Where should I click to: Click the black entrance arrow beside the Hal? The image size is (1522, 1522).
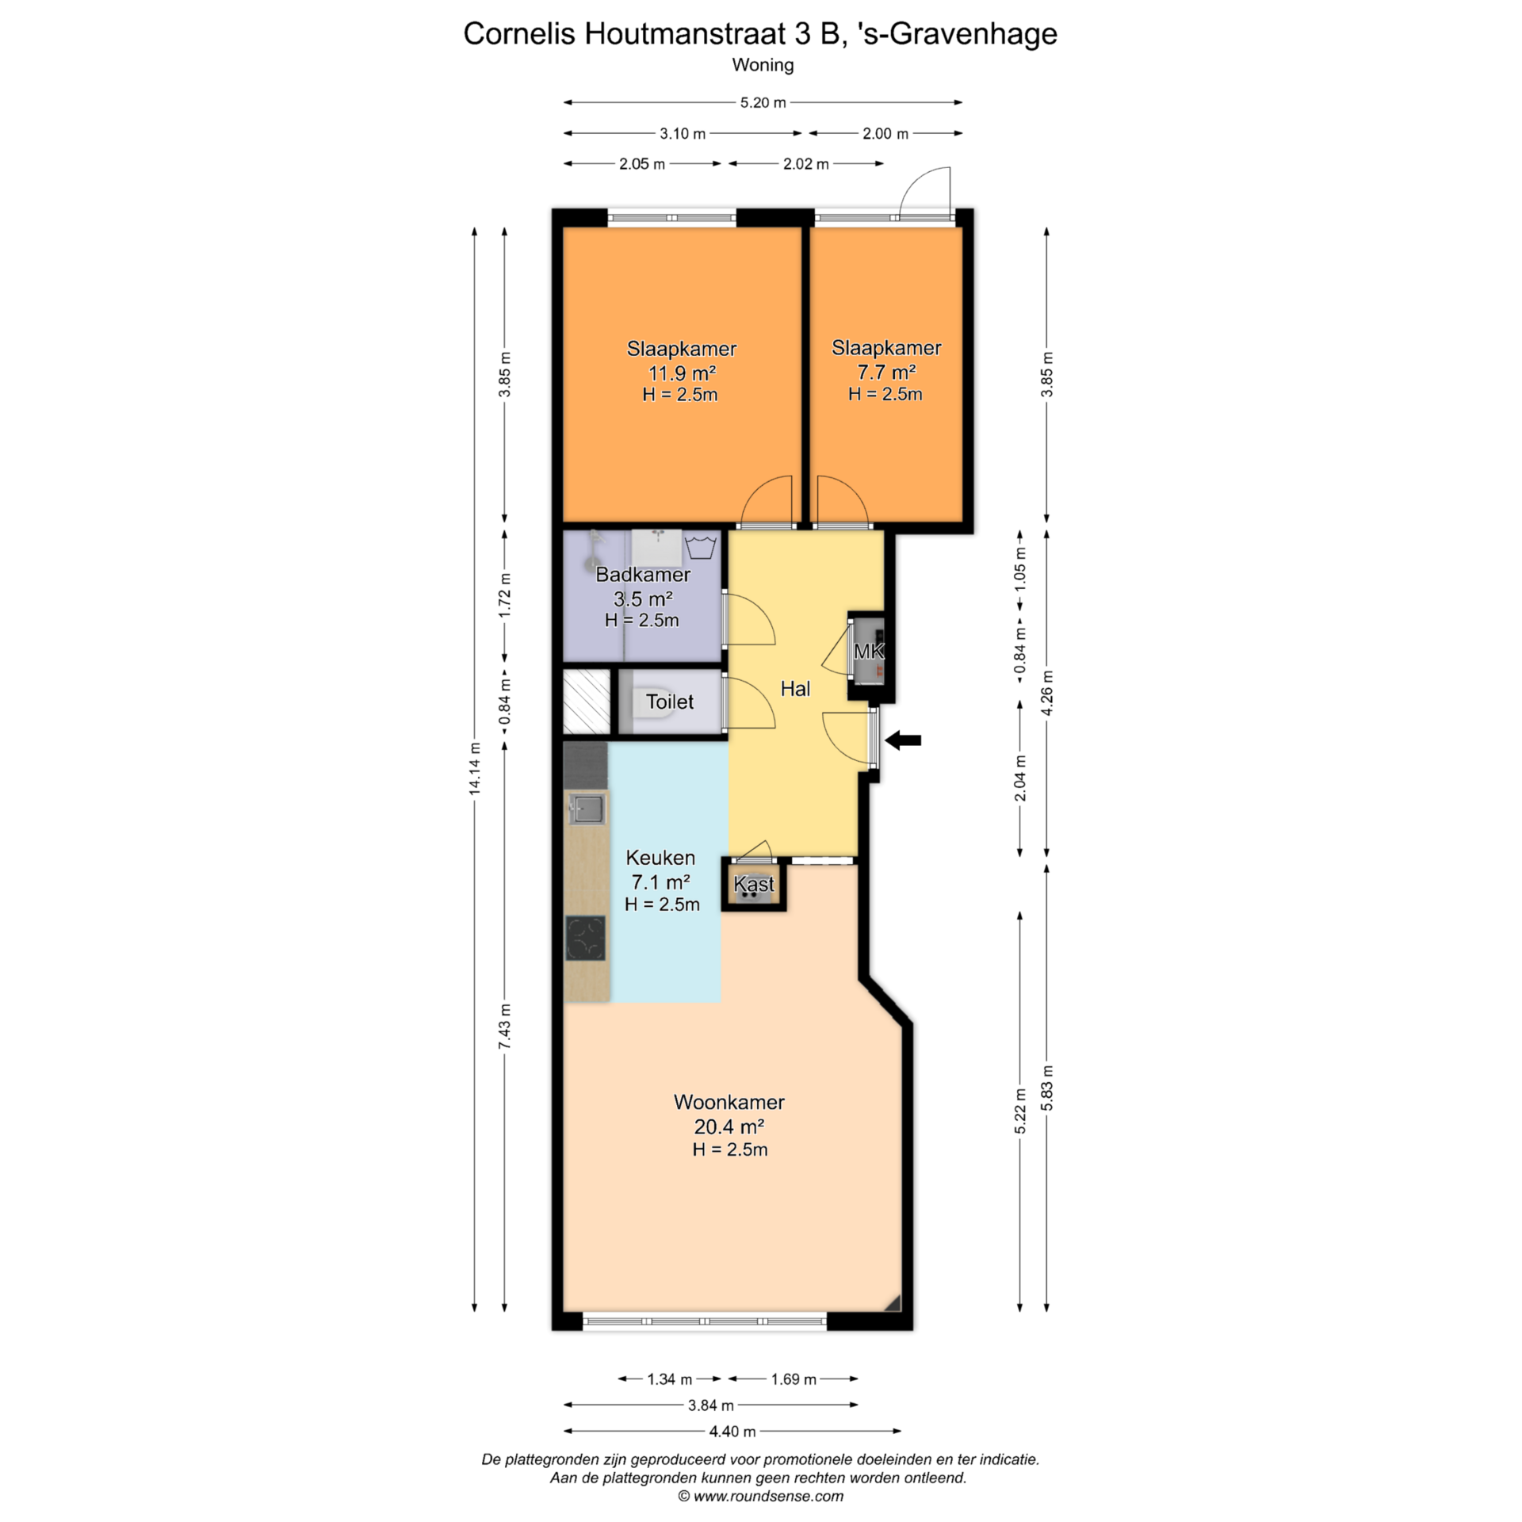(903, 740)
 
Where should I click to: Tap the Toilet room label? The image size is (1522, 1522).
(669, 702)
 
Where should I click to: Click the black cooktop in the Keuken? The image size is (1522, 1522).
(585, 939)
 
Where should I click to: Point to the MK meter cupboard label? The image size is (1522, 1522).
(868, 652)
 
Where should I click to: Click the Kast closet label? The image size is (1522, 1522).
(753, 884)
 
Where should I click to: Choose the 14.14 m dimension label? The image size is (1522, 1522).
(474, 768)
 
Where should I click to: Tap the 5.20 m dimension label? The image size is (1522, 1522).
(763, 102)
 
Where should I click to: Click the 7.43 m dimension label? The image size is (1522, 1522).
(504, 1027)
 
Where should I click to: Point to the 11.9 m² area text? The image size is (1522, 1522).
(682, 373)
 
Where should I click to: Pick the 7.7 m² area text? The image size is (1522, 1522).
(886, 372)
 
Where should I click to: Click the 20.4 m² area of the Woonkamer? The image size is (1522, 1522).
(728, 1126)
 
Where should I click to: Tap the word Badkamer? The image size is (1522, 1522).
(643, 575)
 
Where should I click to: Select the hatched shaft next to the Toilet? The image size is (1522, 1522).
(587, 702)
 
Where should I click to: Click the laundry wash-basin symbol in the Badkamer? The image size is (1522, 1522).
(701, 547)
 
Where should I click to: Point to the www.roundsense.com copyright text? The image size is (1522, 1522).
(760, 1497)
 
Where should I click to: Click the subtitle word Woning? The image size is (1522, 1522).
(763, 65)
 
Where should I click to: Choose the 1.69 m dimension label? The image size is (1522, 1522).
(794, 1379)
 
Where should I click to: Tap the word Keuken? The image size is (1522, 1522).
(660, 858)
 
